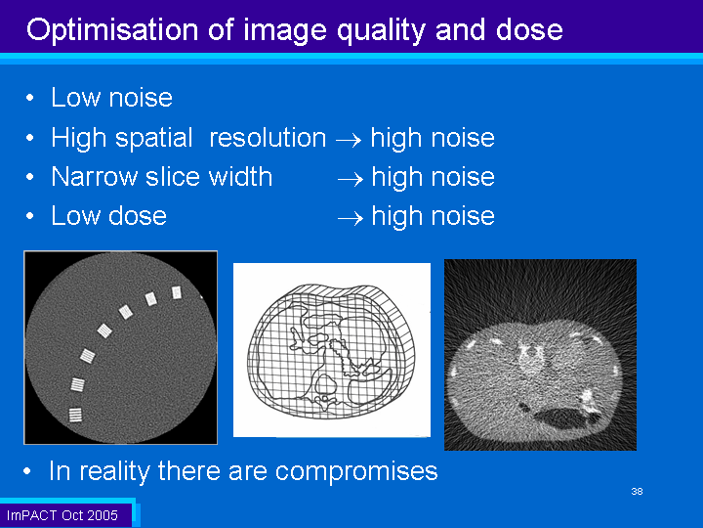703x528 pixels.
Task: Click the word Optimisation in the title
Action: pos(112,31)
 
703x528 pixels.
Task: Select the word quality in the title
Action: pos(381,31)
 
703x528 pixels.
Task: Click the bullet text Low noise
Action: pos(111,97)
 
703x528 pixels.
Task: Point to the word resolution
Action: pos(268,137)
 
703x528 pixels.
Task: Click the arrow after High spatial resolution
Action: pos(349,140)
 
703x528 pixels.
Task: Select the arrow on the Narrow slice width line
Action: pos(351,180)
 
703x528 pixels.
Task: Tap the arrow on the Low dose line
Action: pos(351,219)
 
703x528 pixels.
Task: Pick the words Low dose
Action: pos(109,215)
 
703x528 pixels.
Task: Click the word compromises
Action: pos(356,472)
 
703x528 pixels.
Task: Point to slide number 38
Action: pos(637,491)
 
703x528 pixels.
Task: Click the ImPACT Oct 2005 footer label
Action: pos(62,515)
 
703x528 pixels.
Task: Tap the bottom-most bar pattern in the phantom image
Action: pos(75,415)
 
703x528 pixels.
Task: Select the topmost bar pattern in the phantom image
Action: pos(177,292)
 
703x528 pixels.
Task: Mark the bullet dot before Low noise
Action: pos(30,98)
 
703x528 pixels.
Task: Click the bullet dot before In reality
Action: pos(27,471)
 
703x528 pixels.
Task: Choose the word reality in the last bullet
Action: pos(116,472)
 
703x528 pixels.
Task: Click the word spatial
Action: pos(154,138)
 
